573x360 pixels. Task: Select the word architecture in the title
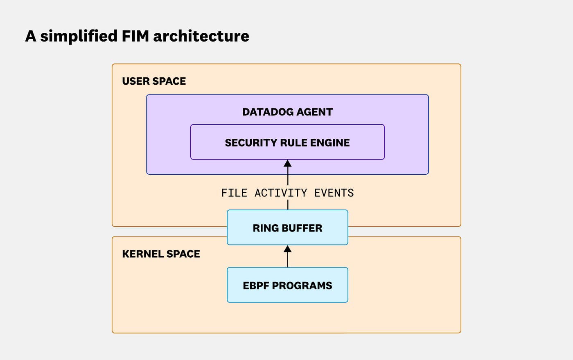(x=201, y=36)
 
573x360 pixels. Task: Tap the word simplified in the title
(x=79, y=36)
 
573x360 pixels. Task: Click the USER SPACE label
(x=154, y=81)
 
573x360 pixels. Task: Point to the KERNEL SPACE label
(x=161, y=254)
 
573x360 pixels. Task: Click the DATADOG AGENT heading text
(x=287, y=112)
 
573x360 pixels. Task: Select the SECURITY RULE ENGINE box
(x=287, y=142)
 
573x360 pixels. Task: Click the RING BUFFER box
(x=287, y=227)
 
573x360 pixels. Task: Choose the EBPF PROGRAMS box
(x=287, y=285)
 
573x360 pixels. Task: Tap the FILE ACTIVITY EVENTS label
(x=287, y=193)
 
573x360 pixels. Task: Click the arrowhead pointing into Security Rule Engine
(x=288, y=163)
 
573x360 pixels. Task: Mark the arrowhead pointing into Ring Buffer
(x=288, y=249)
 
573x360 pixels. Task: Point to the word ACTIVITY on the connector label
(x=281, y=193)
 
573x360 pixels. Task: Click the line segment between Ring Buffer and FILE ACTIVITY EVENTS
(x=288, y=205)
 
